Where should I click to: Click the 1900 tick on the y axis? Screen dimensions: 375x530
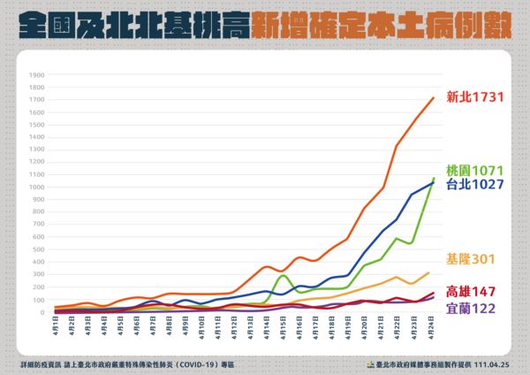(36, 75)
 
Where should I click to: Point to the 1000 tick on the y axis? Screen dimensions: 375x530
(36, 187)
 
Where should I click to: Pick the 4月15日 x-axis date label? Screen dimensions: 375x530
(284, 327)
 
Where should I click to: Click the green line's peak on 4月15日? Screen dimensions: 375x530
(283, 275)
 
